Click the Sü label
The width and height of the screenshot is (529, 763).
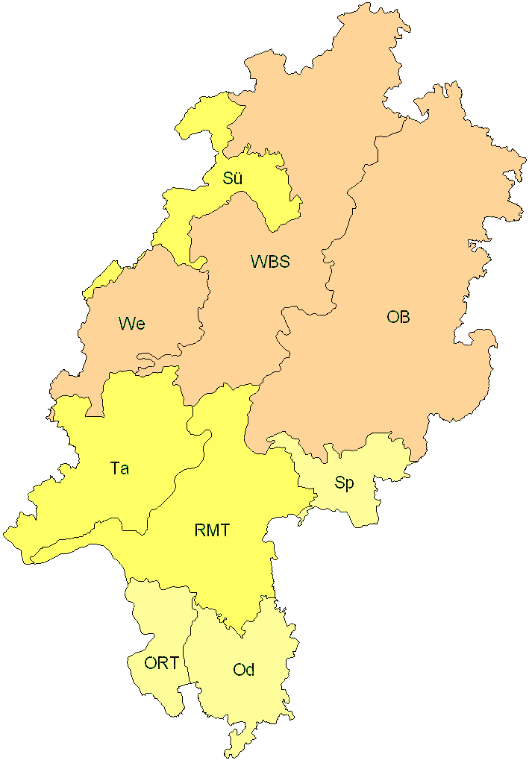pos(233,178)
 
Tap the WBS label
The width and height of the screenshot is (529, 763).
pos(270,262)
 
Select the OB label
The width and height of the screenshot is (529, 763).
pos(398,317)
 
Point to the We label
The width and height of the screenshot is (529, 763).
pos(131,324)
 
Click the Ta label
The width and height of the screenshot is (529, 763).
pos(119,468)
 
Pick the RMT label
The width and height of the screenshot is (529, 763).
pos(212,531)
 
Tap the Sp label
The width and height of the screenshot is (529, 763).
pos(344,483)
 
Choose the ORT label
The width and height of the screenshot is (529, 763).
pos(162,663)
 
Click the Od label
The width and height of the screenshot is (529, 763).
pos(244,670)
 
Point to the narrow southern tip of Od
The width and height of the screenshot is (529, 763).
pos(237,746)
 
